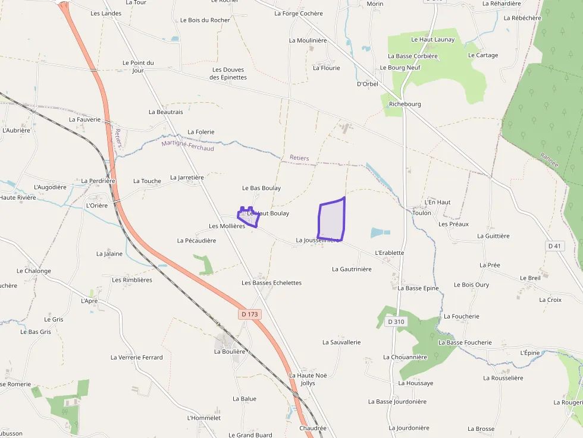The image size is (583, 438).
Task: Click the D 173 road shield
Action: (x=250, y=314)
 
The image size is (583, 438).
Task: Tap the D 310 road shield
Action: (x=396, y=322)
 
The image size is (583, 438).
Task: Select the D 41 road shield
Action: (x=554, y=245)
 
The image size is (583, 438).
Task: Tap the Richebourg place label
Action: (x=405, y=104)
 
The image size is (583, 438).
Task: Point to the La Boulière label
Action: (x=230, y=351)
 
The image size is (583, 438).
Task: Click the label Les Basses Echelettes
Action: (x=271, y=283)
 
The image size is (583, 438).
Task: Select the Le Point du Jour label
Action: (x=138, y=67)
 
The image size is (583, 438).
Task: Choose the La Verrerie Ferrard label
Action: (x=136, y=357)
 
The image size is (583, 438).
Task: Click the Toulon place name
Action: (x=422, y=213)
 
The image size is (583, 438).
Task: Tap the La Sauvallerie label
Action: (x=341, y=342)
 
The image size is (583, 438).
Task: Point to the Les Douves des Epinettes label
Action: (x=229, y=74)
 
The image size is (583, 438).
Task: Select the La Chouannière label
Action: (x=405, y=357)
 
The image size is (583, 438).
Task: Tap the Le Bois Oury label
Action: (x=471, y=285)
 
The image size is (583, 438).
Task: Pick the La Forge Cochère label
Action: (x=299, y=14)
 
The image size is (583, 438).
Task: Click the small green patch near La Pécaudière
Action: (x=205, y=264)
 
